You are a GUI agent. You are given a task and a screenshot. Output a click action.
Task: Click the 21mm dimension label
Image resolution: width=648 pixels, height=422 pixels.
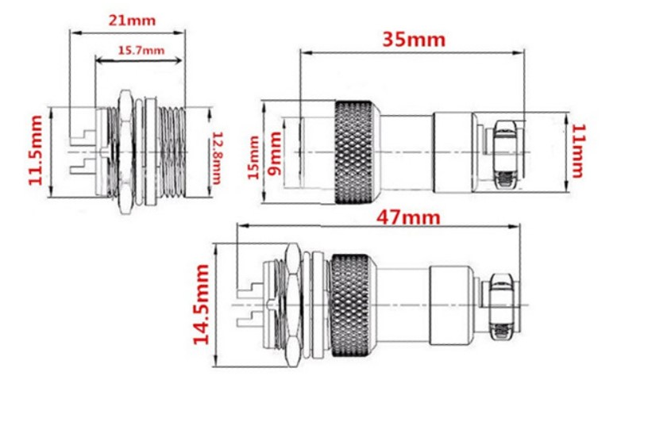(132, 21)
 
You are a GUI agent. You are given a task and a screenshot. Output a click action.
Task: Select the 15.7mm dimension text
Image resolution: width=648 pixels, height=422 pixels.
(141, 51)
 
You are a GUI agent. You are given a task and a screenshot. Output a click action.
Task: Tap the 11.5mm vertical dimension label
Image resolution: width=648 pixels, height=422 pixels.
(36, 150)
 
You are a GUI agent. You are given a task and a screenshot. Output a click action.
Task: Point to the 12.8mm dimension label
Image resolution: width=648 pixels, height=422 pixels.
(217, 158)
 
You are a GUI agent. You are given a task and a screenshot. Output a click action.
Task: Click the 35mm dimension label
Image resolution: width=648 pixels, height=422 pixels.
(414, 40)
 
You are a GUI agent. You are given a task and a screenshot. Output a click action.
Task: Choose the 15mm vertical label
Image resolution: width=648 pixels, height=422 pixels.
(254, 158)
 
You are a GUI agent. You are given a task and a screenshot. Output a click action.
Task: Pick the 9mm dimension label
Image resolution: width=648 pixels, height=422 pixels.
(274, 154)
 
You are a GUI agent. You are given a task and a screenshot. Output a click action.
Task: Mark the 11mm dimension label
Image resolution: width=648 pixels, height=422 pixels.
(577, 151)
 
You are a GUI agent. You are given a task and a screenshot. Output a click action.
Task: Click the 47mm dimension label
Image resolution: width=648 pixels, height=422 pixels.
(408, 217)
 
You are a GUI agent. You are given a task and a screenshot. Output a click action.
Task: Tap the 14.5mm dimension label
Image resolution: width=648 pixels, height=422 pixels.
(201, 305)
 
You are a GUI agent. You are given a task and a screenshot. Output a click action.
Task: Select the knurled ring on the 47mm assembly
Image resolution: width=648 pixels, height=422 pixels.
(353, 305)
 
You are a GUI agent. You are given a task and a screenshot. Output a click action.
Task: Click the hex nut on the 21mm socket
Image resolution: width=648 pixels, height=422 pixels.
(125, 152)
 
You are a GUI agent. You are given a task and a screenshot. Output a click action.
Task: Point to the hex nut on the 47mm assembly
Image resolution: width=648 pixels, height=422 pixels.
(293, 305)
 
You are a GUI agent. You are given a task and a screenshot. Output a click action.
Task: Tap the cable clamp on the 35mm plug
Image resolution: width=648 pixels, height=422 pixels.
(504, 152)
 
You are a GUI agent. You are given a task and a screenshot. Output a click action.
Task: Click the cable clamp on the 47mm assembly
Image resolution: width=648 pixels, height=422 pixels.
(500, 305)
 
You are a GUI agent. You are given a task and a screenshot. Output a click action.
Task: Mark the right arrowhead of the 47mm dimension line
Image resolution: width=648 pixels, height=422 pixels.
(515, 226)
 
